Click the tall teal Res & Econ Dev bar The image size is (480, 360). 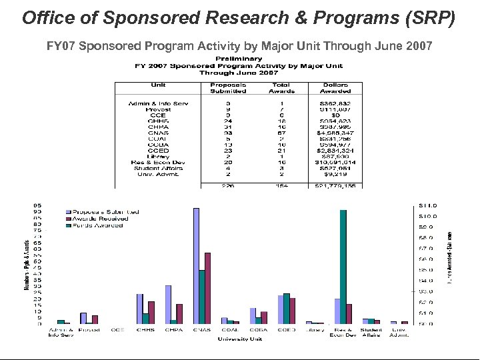click(x=343, y=267)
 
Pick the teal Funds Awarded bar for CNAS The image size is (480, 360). click(x=201, y=297)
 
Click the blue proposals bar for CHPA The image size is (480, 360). click(x=168, y=304)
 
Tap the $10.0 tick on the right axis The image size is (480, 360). click(x=427, y=215)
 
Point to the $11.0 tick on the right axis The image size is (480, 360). click(x=427, y=205)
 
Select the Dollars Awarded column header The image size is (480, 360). click(x=335, y=89)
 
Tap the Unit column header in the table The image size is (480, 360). click(x=158, y=85)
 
